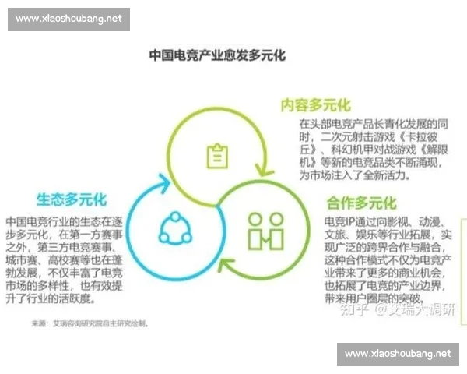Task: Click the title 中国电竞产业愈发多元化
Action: coord(217,56)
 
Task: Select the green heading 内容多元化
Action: coord(315,105)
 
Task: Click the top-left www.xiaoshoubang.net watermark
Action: coord(68,19)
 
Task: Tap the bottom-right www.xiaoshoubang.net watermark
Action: coord(398,354)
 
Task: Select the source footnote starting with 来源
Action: coord(90,323)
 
